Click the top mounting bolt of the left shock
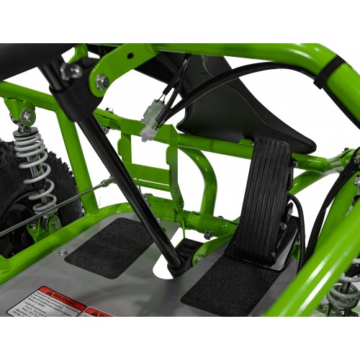tap(27, 115)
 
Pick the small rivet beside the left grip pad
tap(63, 253)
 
